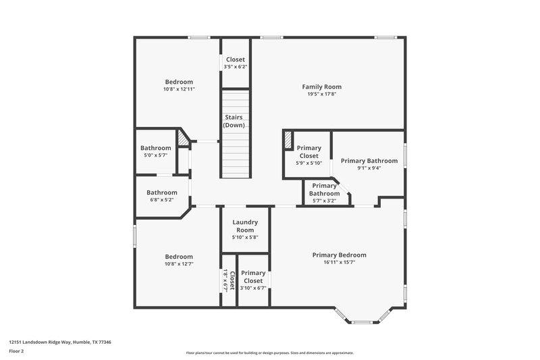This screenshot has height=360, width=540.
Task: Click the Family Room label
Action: [321, 86]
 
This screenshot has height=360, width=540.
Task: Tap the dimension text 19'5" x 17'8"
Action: [321, 95]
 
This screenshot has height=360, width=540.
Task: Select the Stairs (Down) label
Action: [234, 122]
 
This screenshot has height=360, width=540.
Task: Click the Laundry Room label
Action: [246, 226]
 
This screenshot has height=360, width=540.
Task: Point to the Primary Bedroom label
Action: [339, 255]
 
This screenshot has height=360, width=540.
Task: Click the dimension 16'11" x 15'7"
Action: [339, 263]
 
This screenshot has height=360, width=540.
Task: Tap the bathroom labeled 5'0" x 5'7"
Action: [156, 151]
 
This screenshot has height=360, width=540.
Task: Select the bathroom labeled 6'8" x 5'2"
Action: [162, 196]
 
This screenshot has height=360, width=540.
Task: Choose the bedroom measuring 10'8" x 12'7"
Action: [179, 260]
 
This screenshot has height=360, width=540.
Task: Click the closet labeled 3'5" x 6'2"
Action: [236, 63]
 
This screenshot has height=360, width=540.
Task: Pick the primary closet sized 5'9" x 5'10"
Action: [308, 155]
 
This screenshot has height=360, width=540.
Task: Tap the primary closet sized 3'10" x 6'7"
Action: [253, 280]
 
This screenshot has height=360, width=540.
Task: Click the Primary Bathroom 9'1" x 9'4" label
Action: [369, 164]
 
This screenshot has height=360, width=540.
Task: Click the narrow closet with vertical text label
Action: [229, 280]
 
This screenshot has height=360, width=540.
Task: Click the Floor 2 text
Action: [17, 351]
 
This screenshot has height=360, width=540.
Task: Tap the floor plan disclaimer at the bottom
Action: [269, 353]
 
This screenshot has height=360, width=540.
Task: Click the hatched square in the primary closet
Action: [288, 138]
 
